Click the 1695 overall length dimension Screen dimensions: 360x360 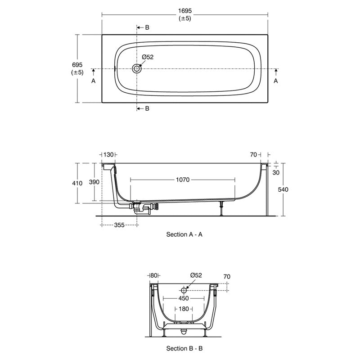184,10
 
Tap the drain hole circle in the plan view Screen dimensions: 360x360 137,69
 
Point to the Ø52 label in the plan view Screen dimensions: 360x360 148,57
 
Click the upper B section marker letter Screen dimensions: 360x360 147,27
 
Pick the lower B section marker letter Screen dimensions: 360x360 147,109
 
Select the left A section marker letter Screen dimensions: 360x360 94,81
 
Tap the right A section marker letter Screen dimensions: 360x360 276,81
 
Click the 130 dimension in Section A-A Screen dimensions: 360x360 108,155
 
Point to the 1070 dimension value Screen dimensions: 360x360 183,180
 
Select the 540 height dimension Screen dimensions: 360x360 283,189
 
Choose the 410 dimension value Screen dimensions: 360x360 77,183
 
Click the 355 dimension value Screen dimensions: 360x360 119,225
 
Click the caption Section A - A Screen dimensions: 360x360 184,234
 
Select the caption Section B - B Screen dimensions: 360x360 184,348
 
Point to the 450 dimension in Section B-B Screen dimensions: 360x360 184,298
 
